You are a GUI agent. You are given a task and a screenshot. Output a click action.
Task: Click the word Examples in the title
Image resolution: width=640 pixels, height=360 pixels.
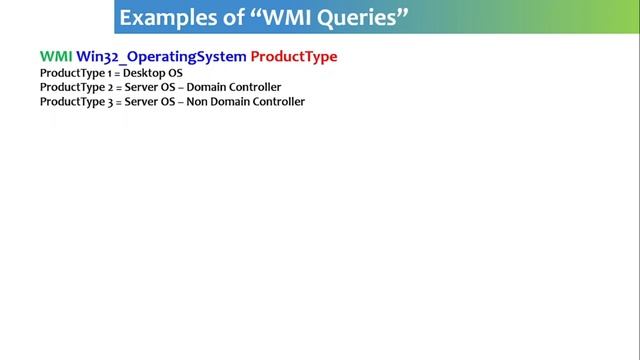(x=164, y=18)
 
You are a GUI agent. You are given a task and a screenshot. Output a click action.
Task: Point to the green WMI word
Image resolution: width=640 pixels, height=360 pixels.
(x=55, y=57)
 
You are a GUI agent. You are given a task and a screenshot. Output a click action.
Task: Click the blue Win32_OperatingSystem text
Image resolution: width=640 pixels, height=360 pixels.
(x=161, y=57)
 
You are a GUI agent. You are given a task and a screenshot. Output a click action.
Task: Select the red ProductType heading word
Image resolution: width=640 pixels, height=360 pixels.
(x=294, y=57)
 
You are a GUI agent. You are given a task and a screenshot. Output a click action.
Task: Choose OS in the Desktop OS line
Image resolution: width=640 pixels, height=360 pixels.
(x=175, y=73)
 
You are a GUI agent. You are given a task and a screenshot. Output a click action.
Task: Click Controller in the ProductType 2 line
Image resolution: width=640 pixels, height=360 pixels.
(x=256, y=87)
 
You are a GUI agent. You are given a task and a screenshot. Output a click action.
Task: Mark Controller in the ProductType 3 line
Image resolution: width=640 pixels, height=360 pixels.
(x=279, y=102)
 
